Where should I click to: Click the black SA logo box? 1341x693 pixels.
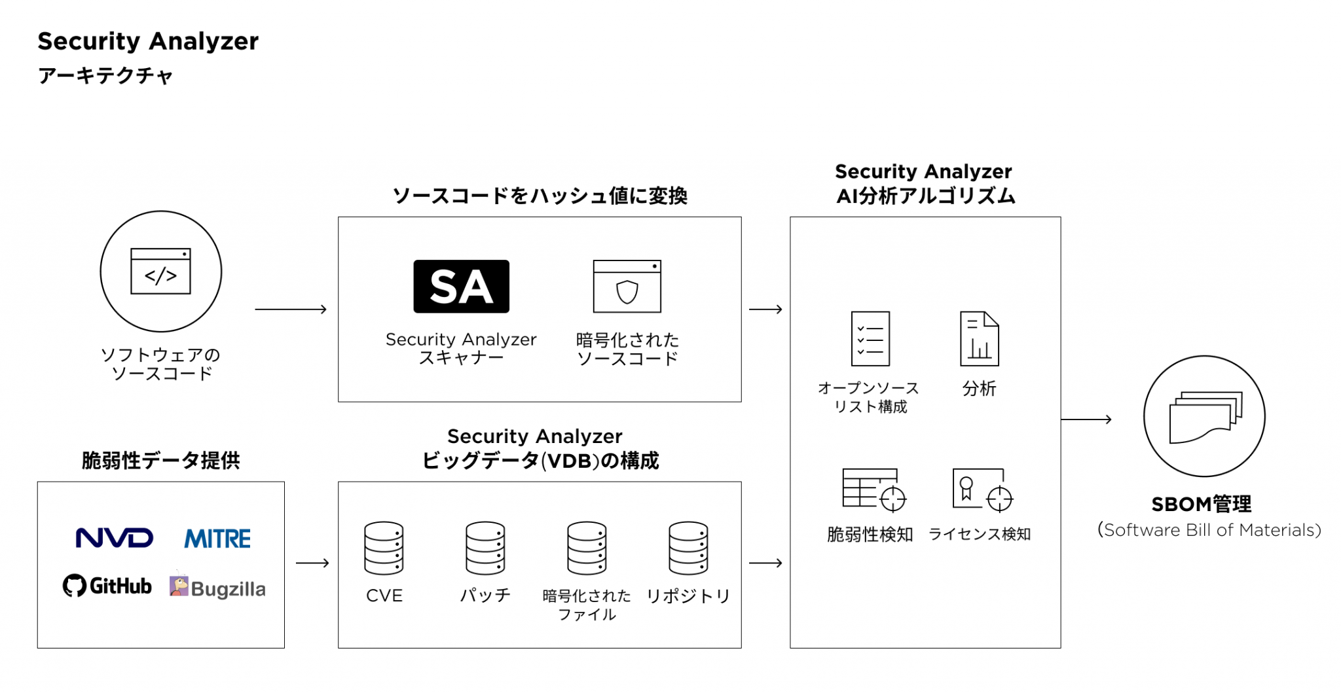[461, 287]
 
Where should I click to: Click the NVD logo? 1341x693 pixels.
[115, 538]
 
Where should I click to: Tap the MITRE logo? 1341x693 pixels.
[217, 539]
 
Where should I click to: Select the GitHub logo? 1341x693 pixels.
[107, 586]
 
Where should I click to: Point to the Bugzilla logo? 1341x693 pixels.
[217, 588]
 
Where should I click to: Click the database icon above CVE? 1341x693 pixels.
[384, 548]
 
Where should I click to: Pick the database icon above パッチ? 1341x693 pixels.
[485, 548]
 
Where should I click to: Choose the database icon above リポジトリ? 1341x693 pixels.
[688, 548]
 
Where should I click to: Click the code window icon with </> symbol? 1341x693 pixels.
[160, 271]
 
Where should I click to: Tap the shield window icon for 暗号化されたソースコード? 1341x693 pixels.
[627, 287]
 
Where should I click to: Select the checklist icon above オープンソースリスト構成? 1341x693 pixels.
[870, 338]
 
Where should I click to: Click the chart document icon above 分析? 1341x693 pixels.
[979, 338]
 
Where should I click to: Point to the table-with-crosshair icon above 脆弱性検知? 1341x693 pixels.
[873, 489]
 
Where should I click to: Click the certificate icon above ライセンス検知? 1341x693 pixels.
[982, 489]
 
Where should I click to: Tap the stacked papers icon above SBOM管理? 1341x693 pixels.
[1205, 417]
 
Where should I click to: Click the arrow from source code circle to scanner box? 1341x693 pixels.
[291, 309]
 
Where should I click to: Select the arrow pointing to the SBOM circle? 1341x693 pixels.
[1086, 419]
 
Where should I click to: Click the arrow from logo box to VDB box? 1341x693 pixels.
[312, 563]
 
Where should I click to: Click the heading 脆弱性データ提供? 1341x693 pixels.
[160, 461]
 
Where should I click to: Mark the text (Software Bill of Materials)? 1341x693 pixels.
[1209, 530]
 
